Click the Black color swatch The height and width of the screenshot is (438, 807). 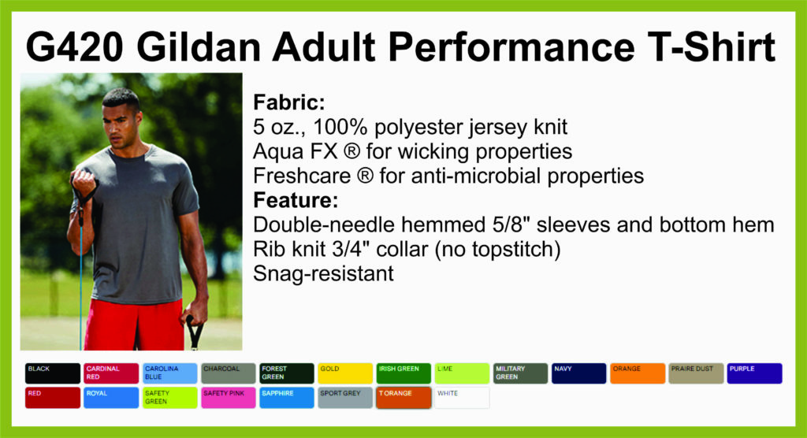(x=53, y=373)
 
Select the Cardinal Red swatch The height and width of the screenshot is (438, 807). (x=111, y=373)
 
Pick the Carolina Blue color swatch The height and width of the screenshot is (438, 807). (x=170, y=373)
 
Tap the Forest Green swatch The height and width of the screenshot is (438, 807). (x=287, y=373)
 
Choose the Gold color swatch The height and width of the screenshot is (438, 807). (x=345, y=373)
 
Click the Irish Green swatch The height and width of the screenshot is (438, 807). (x=403, y=373)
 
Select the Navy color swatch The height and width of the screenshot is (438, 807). (x=579, y=373)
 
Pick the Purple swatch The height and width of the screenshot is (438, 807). (x=754, y=373)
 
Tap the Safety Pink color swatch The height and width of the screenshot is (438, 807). (x=228, y=398)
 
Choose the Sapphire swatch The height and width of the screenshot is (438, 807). (x=287, y=398)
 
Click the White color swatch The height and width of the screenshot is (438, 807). (x=462, y=398)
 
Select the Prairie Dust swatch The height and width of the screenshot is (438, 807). (x=696, y=373)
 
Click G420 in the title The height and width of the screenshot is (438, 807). (x=75, y=46)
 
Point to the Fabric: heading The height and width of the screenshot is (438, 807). (x=288, y=102)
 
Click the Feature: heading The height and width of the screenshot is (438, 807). (x=296, y=200)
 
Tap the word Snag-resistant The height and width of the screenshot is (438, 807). (x=323, y=274)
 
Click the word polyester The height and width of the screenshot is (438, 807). (x=418, y=128)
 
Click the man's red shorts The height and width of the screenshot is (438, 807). (x=134, y=325)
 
